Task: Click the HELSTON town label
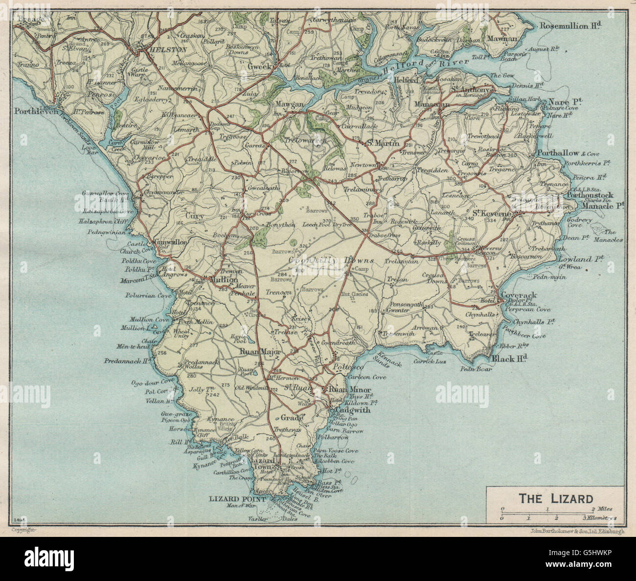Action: (x=162, y=50)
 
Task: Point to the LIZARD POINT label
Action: (x=237, y=499)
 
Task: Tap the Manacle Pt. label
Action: (x=603, y=206)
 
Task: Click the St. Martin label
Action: (x=383, y=143)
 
